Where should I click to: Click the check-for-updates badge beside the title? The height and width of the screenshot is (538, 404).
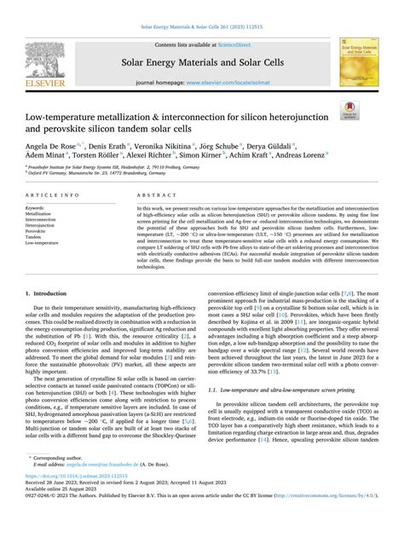point(372,111)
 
